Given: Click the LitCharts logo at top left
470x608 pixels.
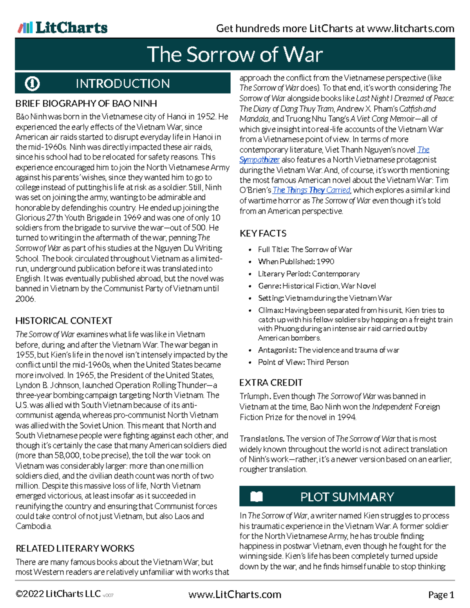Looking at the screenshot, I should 63,28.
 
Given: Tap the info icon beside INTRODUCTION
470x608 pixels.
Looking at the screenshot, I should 32,83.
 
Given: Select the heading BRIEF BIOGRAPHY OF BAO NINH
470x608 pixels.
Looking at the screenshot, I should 86,103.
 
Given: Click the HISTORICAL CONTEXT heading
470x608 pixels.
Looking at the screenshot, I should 64,321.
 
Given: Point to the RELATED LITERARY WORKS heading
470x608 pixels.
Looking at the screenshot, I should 75,548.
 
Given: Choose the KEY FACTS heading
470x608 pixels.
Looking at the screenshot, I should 263,233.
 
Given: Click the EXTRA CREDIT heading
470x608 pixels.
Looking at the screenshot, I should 271,382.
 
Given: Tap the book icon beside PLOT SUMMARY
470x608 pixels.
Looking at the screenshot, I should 257,497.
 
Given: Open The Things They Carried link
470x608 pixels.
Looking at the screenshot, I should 311,190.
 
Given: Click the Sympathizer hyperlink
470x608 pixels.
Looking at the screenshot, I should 259,160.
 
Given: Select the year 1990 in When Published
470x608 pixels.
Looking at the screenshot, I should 325,262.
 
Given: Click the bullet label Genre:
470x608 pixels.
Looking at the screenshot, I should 269,286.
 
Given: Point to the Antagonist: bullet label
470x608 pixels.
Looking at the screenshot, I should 277,350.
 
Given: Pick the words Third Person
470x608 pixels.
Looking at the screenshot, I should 327,362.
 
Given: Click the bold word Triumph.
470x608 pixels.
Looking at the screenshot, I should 255,396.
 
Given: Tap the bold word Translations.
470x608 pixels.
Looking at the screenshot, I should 262,439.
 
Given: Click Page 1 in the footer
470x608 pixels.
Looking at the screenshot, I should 441,595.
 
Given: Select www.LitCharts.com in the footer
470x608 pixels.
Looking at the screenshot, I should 235,595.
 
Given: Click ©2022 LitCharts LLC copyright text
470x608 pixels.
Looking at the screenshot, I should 58,594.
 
